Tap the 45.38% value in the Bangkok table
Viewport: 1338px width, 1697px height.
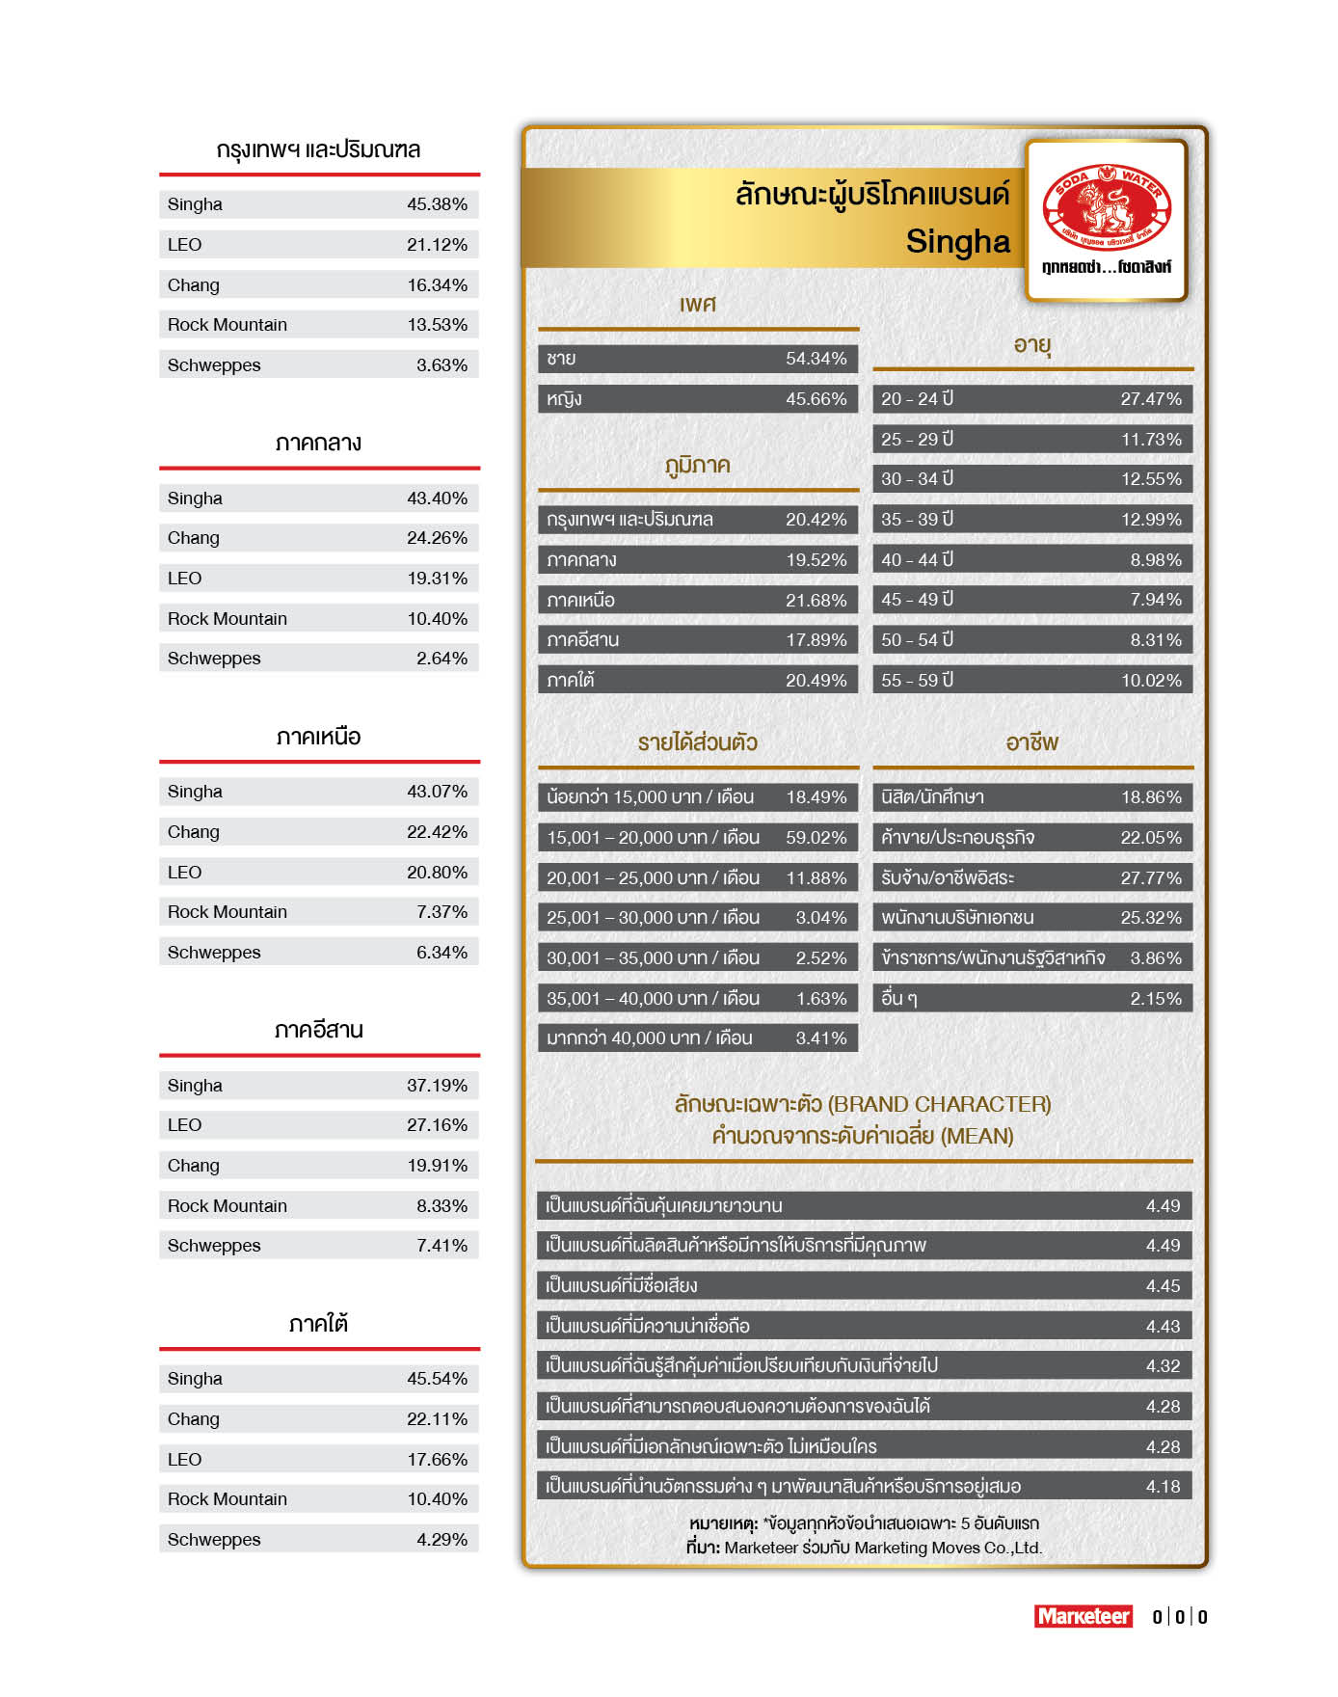[437, 204]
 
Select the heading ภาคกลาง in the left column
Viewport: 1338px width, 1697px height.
[318, 444]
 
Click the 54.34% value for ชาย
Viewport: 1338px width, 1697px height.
[816, 359]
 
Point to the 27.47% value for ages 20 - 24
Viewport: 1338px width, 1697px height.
[1150, 399]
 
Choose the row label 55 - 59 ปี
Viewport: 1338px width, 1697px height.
[917, 680]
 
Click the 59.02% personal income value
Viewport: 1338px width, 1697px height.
[816, 838]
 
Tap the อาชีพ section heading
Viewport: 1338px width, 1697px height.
[1031, 742]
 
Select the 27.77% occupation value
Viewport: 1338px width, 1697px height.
[1150, 878]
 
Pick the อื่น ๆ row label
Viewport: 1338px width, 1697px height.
[898, 999]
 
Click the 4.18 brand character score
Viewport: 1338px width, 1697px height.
[1163, 1487]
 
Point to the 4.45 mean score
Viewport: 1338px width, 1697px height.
[1163, 1286]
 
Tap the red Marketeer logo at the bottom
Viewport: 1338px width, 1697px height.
[1083, 1616]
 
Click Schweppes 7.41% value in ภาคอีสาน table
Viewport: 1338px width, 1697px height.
[442, 1246]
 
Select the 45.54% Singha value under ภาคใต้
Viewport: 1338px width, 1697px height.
[437, 1379]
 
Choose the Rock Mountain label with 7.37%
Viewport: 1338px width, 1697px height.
[227, 912]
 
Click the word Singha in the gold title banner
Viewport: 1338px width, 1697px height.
[957, 242]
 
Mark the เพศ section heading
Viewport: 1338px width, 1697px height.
[697, 305]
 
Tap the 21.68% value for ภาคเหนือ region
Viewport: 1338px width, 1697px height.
[816, 601]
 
